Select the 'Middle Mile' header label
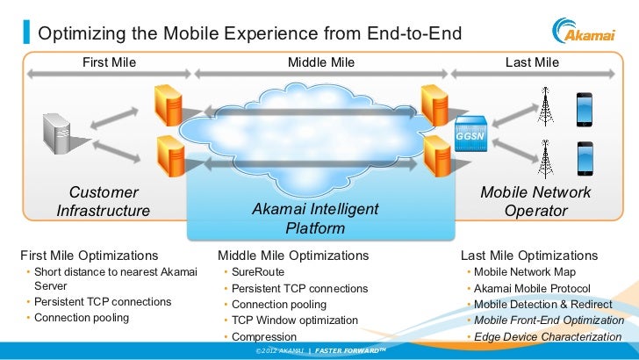coord(321,62)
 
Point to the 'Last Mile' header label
coord(532,62)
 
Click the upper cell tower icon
coord(546,107)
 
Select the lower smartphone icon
coord(584,159)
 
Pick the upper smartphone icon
coord(584,109)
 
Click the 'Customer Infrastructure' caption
coord(104,201)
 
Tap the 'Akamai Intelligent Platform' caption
coord(315,219)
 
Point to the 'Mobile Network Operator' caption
coord(535,201)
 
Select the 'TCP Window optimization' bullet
coord(295,320)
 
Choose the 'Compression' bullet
coord(263,337)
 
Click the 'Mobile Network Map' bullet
coord(525,272)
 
